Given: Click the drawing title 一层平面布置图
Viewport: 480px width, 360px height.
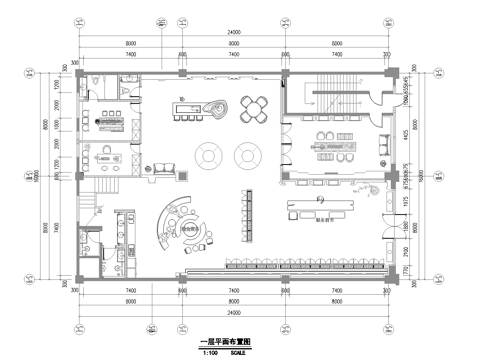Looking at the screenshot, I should click(226, 341).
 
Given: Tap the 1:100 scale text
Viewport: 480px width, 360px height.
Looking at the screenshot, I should click(210, 351).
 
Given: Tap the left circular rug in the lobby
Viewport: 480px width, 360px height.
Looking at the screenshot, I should click(211, 154).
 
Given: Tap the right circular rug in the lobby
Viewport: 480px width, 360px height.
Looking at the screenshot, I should click(246, 154).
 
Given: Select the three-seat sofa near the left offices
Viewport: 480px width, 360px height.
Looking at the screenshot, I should click(159, 171).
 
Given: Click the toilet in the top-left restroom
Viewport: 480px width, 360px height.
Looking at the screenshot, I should click(91, 83).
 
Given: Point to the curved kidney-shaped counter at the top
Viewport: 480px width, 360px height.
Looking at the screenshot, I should click(214, 106).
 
